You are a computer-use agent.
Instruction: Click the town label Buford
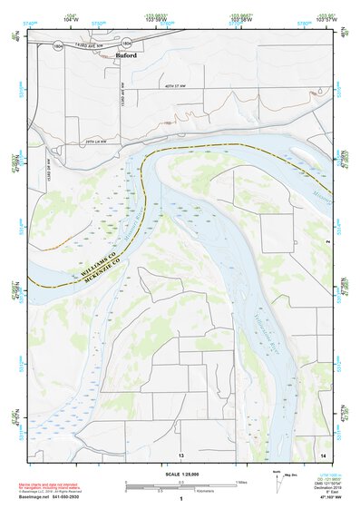click(x=128, y=56)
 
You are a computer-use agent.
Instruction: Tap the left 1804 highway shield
click(x=57, y=44)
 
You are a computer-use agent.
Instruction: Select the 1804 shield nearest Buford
click(x=125, y=43)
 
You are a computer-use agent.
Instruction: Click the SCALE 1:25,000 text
click(x=180, y=472)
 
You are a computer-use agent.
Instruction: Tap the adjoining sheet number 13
click(x=180, y=454)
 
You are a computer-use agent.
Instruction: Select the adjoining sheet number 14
click(x=323, y=454)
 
